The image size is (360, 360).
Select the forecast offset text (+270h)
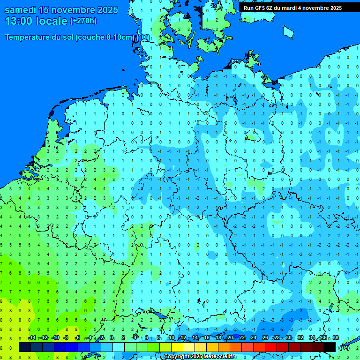(x=83, y=21)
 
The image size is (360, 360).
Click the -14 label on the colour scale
(x=32, y=338)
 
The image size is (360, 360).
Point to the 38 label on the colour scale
(x=335, y=338)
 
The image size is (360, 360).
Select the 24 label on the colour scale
(x=253, y=338)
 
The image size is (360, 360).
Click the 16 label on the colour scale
(x=207, y=338)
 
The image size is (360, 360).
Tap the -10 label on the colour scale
(x=55, y=338)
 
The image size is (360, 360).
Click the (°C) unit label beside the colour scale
(x=344, y=348)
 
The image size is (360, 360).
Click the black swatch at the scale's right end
(x=330, y=347)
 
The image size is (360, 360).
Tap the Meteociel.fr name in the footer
(x=218, y=357)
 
